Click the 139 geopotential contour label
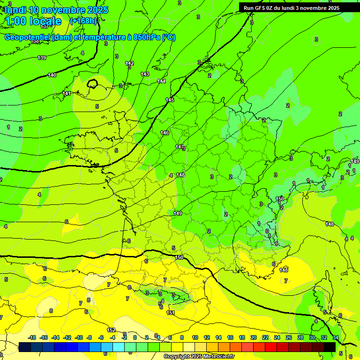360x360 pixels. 42,58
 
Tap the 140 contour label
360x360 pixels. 52,75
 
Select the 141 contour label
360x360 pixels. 67,93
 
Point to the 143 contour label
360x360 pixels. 145,74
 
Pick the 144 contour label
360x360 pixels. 161,81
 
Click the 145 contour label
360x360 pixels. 170,100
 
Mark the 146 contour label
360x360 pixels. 165,133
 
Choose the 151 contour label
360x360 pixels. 171,313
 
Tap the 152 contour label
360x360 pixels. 111,330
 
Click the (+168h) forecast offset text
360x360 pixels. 83,21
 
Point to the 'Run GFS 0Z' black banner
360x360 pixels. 291,8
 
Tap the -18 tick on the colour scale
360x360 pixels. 32,337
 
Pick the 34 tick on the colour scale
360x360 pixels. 335,337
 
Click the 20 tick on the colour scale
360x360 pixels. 253,337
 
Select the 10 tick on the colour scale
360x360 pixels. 195,337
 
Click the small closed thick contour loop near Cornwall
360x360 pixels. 92,84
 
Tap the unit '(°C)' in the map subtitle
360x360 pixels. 169,37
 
